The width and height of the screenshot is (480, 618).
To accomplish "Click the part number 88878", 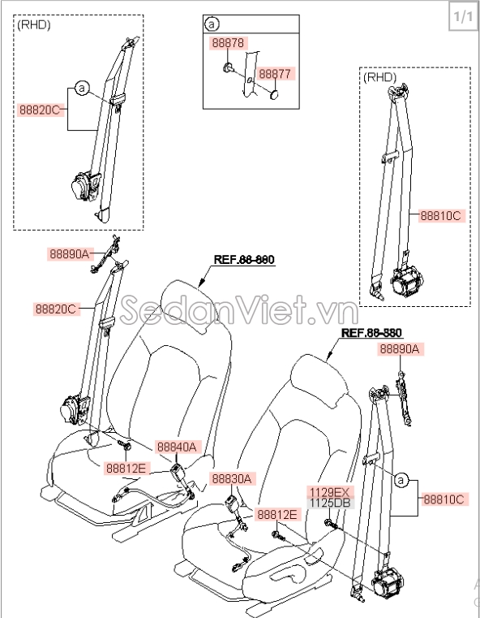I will coord(229,43).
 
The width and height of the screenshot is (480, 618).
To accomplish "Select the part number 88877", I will coord(276,74).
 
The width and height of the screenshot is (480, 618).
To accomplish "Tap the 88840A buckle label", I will coord(177,447).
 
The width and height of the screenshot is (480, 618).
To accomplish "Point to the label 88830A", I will coord(232,479).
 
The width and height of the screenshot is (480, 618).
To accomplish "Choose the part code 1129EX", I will coord(328,492).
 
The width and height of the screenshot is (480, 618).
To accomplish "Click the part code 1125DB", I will coord(328,503).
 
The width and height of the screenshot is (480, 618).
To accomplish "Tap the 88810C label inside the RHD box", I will coord(440,216).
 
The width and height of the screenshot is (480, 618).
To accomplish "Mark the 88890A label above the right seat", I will coord(400,349).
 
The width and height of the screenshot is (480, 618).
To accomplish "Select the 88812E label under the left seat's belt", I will coord(126,468).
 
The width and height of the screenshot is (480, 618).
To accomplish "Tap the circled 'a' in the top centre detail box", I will coord(212,24).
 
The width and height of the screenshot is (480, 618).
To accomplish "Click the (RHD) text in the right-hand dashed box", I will coord(380,78).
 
